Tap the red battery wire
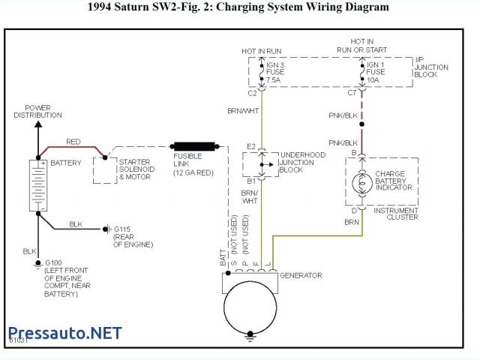pyautogui.click(x=73, y=148)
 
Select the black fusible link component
pyautogui.click(x=193, y=146)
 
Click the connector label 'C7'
pyautogui.click(x=351, y=94)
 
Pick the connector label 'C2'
pyautogui.click(x=252, y=94)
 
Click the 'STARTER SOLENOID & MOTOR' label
pyautogui.click(x=135, y=169)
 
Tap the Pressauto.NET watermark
pyautogui.click(x=64, y=333)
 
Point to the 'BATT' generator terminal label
pyautogui.click(x=223, y=259)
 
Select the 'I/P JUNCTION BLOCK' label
pyautogui.click(x=432, y=67)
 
